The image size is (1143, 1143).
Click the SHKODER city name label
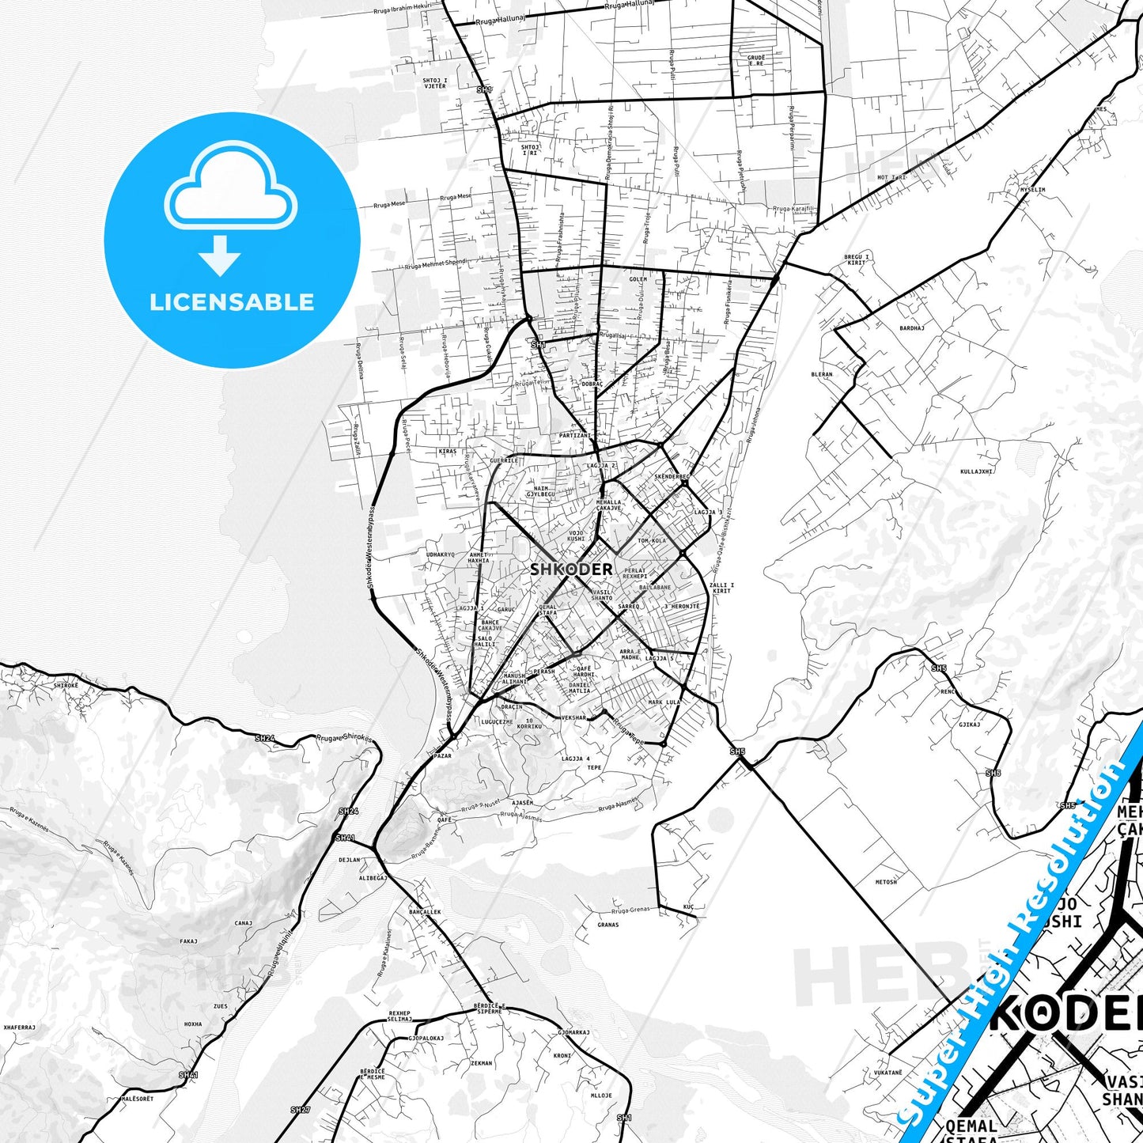pyautogui.click(x=570, y=569)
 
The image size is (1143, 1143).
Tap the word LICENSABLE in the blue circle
pyautogui.click(x=232, y=302)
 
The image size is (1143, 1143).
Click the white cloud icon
pyautogui.click(x=230, y=191)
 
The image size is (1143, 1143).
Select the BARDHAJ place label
pyautogui.click(x=911, y=327)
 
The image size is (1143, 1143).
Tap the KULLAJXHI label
pyautogui.click(x=976, y=471)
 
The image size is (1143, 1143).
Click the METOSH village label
pyautogui.click(x=886, y=881)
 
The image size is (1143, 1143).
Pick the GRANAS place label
pyautogui.click(x=608, y=925)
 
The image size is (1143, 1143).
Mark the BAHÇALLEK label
pyautogui.click(x=425, y=912)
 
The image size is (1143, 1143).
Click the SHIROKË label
pyautogui.click(x=66, y=685)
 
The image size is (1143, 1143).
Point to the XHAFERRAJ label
pyautogui.click(x=19, y=1027)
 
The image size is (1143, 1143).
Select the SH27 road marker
pyautogui.click(x=300, y=1110)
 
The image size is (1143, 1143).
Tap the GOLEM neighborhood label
pyautogui.click(x=638, y=279)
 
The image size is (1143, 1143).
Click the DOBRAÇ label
pyautogui.click(x=592, y=384)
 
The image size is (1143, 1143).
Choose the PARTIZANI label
pyautogui.click(x=574, y=435)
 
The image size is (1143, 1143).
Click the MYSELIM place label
pyautogui.click(x=1032, y=190)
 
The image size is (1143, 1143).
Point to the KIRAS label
pyautogui.click(x=447, y=452)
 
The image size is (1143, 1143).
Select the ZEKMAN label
pyautogui.click(x=481, y=1063)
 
